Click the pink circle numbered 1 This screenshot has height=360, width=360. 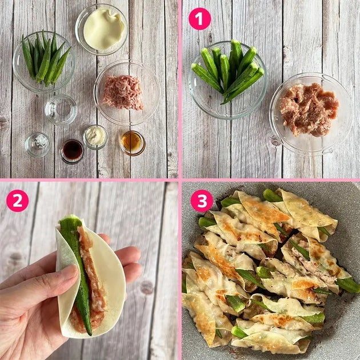click(x=199, y=19)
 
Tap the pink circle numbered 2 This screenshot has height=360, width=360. click(x=18, y=201)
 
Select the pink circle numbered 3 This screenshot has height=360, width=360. click(x=202, y=201)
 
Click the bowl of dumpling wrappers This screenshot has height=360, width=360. click(x=101, y=29)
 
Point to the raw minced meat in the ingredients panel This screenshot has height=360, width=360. click(x=123, y=93)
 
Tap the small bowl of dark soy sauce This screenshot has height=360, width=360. click(x=71, y=151)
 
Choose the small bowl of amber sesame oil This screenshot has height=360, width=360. click(x=133, y=143)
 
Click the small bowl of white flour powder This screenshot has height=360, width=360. click(x=95, y=137)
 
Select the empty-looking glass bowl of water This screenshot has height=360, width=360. click(x=61, y=110)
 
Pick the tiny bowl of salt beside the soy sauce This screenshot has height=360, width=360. click(x=37, y=145)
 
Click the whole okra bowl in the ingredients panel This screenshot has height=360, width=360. click(x=45, y=62)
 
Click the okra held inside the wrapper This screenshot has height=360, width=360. click(x=78, y=271)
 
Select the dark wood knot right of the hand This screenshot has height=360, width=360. click(x=147, y=287)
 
